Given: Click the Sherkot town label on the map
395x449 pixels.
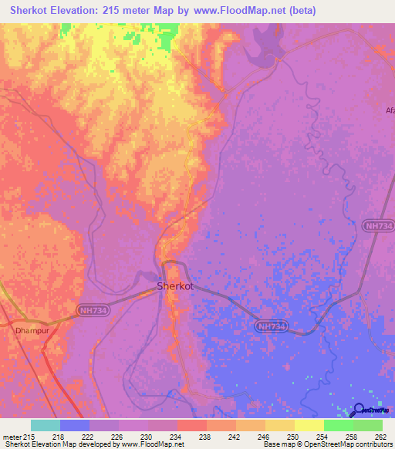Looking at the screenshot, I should pos(174,285).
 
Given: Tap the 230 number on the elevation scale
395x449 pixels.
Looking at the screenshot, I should pos(147,436).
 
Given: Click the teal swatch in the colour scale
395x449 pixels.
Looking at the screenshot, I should pos(46,425).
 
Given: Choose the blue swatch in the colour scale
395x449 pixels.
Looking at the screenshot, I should pos(75,425).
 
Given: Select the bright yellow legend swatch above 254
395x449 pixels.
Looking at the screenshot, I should pos(309,425).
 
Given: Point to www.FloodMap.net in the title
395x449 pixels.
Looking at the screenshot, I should pos(239,11).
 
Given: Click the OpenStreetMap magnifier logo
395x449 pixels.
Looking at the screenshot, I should pos(358,410).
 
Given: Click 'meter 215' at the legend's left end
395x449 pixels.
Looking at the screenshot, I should pos(19,436).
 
